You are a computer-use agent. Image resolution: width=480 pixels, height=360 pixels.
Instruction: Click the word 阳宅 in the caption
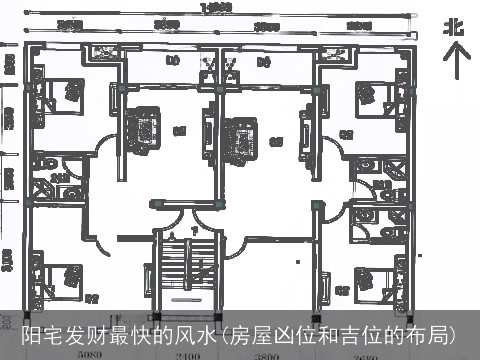[42, 333]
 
